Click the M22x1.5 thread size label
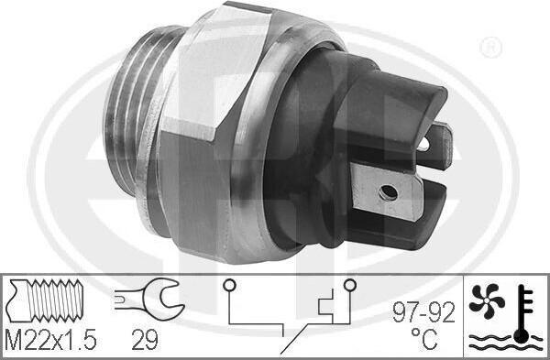coord(50,340)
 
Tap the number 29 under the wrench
coord(145,340)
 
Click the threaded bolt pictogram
coord(45,300)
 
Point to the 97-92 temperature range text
coord(423,312)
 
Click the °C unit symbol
coord(424,339)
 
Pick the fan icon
coord(487,301)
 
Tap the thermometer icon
coord(522,313)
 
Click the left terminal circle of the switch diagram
coord(229,285)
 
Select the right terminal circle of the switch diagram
coord(350,285)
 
